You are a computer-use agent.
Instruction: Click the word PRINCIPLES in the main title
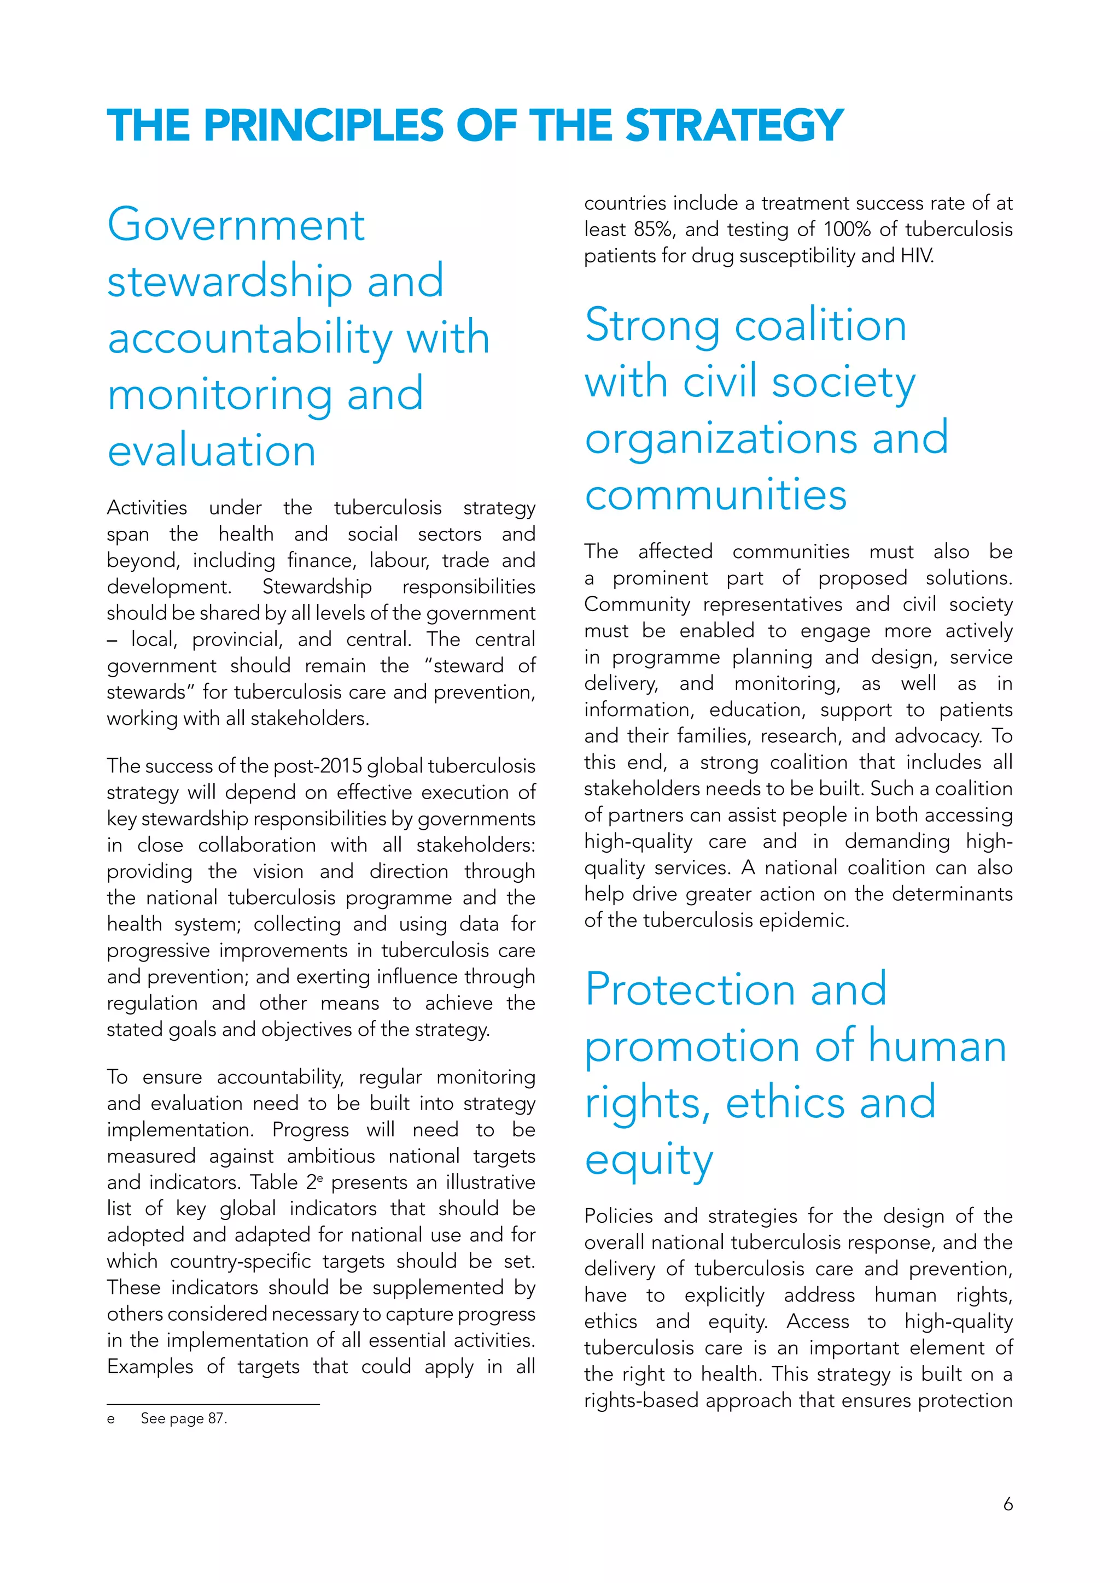323,126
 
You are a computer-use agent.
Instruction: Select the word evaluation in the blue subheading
212,452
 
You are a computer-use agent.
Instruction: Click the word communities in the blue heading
715,495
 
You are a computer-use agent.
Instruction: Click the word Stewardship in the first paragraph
317,587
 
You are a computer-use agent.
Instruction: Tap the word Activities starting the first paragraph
147,508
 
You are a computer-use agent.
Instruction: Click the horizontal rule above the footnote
213,1404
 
